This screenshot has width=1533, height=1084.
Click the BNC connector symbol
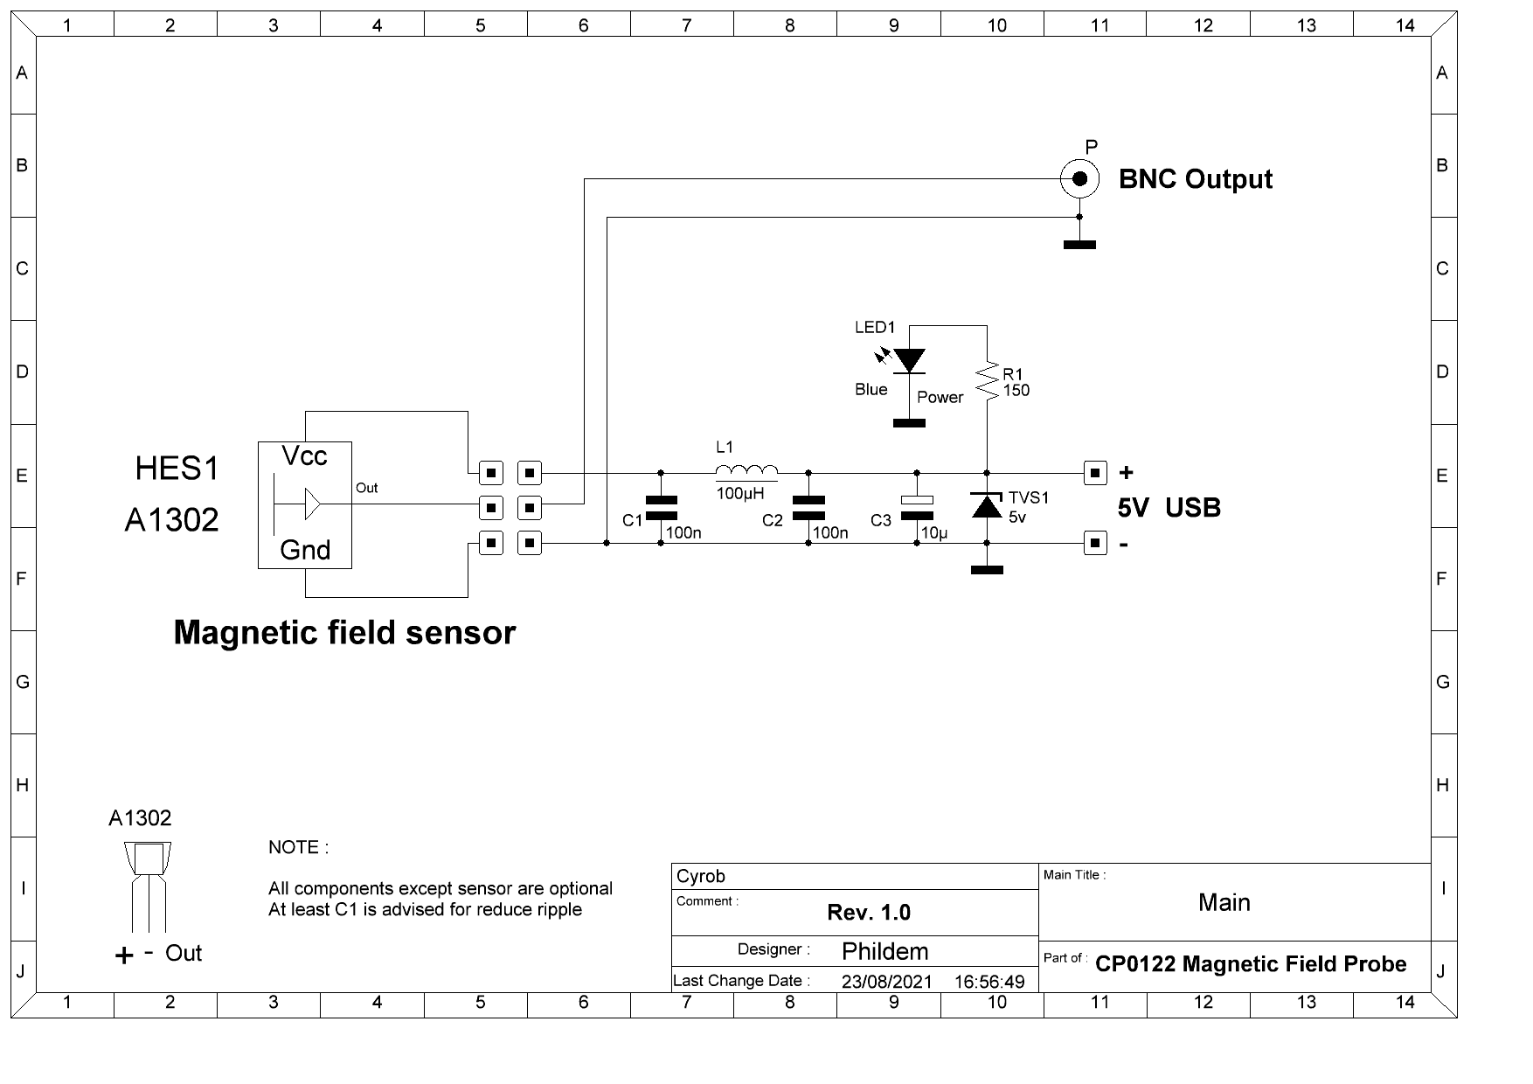(x=1079, y=178)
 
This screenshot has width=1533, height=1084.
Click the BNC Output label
(x=1195, y=179)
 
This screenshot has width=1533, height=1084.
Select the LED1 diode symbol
(x=909, y=360)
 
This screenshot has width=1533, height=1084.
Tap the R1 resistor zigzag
(x=988, y=382)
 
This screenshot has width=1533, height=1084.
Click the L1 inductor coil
(x=746, y=472)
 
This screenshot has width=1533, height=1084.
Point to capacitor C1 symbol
(x=661, y=507)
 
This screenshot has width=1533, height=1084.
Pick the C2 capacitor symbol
(x=808, y=507)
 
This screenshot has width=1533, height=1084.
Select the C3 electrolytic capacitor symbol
(x=916, y=507)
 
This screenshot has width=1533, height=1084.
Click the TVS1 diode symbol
(x=987, y=504)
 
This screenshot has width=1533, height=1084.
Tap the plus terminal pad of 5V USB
(x=1095, y=472)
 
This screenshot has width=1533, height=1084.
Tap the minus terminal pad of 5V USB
(x=1095, y=543)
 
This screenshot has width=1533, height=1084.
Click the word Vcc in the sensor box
(x=304, y=455)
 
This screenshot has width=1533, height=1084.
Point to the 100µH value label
(x=739, y=493)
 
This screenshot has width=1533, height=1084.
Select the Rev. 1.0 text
(x=869, y=913)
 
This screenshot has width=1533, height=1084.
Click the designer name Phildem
(x=884, y=951)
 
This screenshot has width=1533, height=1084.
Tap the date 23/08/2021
(x=886, y=981)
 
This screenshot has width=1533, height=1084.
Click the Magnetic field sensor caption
(x=344, y=632)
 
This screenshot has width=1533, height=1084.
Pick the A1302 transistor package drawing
(x=148, y=886)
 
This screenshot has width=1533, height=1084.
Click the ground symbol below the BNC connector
(x=1079, y=245)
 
